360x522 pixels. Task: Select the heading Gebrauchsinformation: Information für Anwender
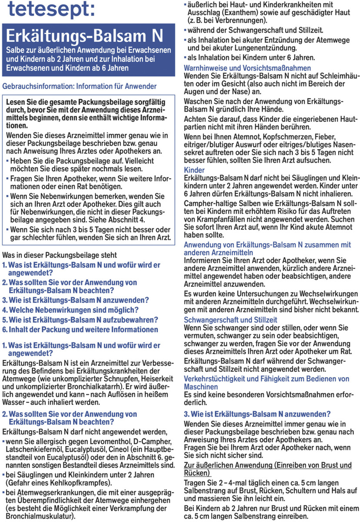point(80,86)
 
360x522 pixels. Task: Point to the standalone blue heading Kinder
point(194,170)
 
